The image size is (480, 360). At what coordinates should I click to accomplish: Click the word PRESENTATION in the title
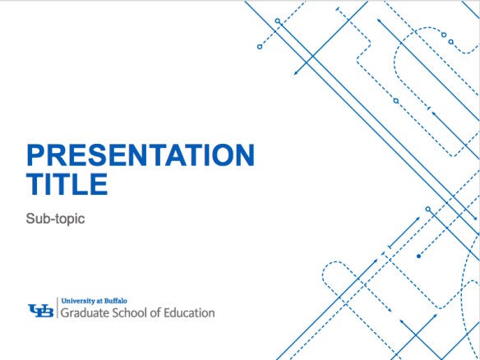141,156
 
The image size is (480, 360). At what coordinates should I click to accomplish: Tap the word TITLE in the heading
67,184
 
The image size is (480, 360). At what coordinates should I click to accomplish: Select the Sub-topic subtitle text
56,219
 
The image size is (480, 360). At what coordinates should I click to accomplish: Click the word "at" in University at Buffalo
99,302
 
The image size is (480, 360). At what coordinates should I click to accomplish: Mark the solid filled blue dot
419,256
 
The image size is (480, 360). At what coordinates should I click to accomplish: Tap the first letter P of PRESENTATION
36,156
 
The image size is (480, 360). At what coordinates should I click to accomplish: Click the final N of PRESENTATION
243,156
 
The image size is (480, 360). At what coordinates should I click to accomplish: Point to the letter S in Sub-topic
31,219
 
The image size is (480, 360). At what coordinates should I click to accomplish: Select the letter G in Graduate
67,313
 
